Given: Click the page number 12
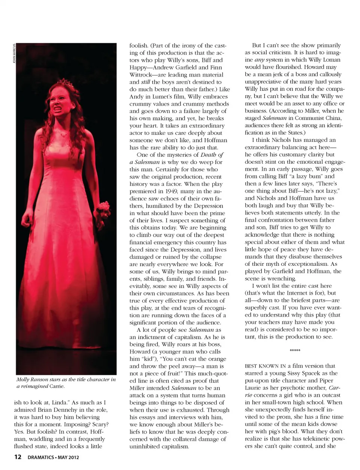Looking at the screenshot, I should click(x=18, y=457).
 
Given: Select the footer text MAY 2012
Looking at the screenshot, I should click(x=68, y=458).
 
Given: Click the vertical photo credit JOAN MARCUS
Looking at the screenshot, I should click(x=14, y=54).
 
